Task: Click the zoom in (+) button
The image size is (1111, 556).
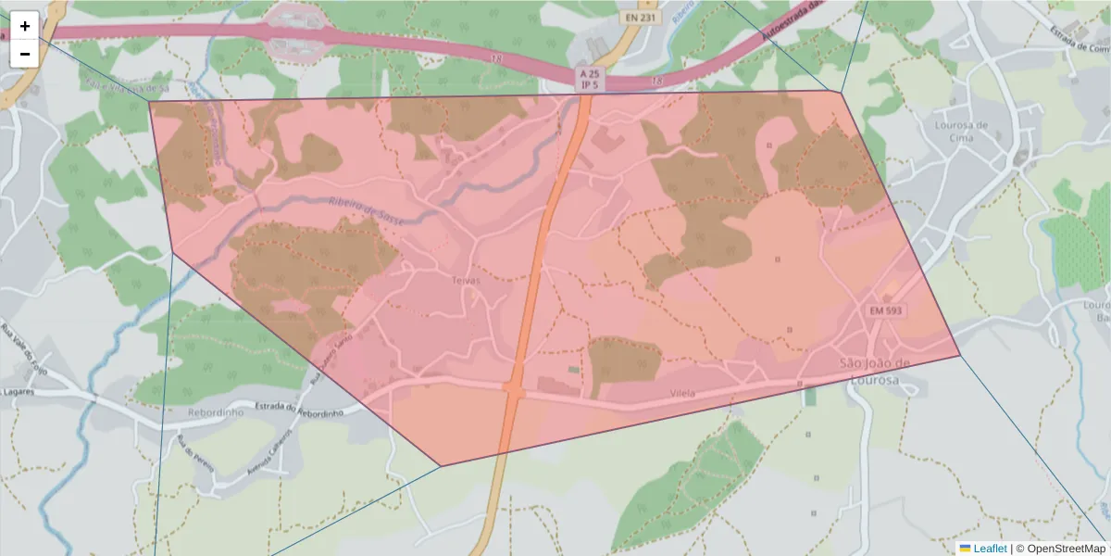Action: point(25,26)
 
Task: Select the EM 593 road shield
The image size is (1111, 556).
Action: point(885,310)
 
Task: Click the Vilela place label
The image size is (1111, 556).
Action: point(681,394)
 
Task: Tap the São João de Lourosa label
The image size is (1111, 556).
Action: point(875,372)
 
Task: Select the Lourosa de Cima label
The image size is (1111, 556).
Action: point(961,131)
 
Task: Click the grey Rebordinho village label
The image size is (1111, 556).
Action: point(214,412)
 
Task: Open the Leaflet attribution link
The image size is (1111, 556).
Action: point(989,549)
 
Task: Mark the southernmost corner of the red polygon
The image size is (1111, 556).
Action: point(441,466)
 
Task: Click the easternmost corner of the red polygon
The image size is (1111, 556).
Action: point(960,356)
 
